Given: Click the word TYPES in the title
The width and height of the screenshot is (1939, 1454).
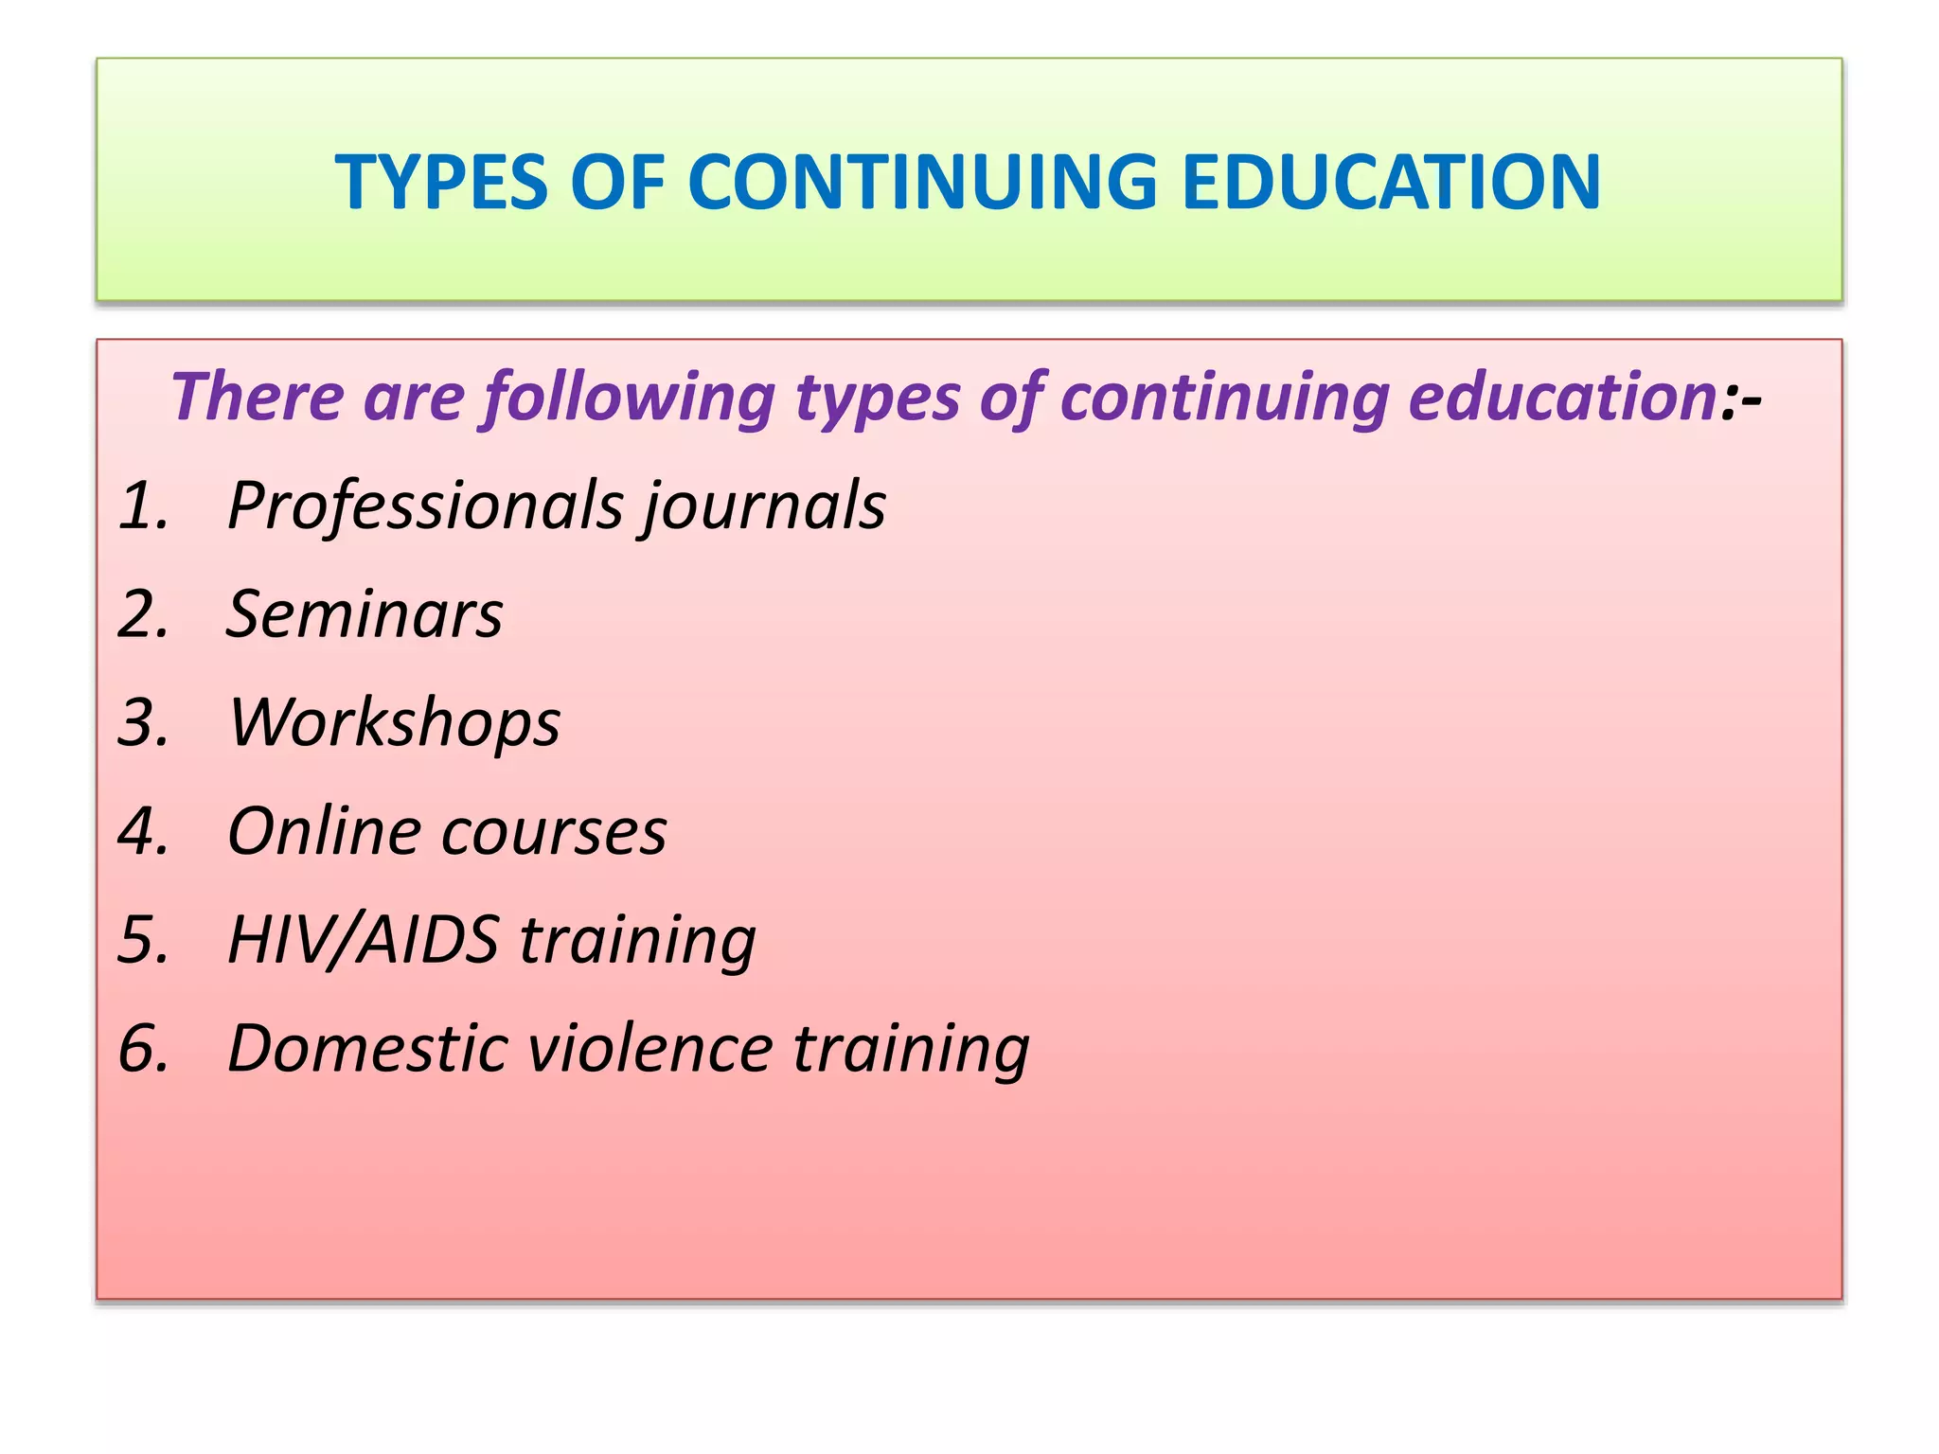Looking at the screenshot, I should coord(441,182).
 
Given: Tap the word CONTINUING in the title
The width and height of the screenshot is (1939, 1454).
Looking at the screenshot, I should coord(922,182).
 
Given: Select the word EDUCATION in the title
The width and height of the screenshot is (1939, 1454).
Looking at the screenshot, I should coord(1391,182).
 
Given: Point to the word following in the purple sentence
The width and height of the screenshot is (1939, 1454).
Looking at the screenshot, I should coord(630,398).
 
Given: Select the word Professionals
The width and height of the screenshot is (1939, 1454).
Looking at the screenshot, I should coord(426,506).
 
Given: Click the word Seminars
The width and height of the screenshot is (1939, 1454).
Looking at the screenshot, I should coord(365,614).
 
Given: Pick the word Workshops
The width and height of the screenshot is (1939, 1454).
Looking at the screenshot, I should coord(394,724).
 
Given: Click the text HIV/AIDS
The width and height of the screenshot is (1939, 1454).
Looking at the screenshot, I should coord(363,940).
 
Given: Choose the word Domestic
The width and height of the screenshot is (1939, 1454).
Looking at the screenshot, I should coord(367,1049).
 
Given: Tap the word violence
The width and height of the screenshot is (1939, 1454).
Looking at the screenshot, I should coord(649,1049).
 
